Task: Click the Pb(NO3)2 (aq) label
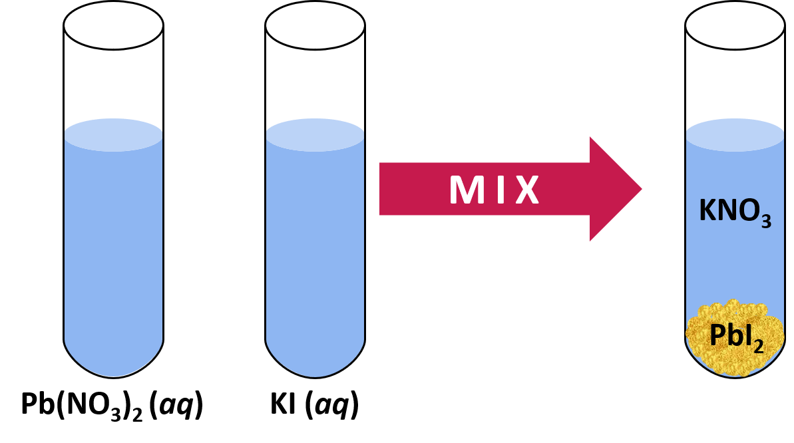[111, 405]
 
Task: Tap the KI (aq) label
[313, 405]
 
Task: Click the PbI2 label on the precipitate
[735, 337]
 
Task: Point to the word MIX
[493, 190]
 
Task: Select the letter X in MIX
[525, 190]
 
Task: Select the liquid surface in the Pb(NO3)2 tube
[114, 135]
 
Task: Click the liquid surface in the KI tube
[315, 135]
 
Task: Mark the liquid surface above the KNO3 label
[735, 135]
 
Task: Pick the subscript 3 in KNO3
[765, 222]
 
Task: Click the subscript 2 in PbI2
[757, 345]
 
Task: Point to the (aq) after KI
[331, 406]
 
